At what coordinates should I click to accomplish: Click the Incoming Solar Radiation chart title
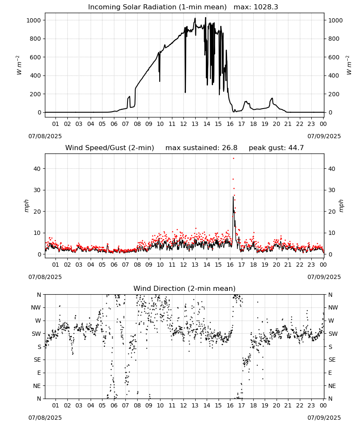pos(157,7)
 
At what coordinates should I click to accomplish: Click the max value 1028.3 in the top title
pos(266,7)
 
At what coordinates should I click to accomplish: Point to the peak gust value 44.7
pos(296,148)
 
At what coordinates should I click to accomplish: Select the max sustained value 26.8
pos(230,148)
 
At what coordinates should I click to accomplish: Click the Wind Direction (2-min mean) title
pos(185,288)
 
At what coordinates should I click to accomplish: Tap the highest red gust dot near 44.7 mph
pos(233,158)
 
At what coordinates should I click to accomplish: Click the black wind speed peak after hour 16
pos(233,197)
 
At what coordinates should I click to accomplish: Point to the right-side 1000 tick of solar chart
pos(335,20)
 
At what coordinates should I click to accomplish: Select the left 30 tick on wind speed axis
pos(38,190)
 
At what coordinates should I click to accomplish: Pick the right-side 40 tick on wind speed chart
pos(332,169)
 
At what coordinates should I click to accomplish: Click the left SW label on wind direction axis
pos(36,334)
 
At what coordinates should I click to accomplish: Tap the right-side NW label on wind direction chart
pos(333,307)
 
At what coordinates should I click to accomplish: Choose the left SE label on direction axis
pos(37,360)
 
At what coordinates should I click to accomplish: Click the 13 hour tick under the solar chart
pos(195,124)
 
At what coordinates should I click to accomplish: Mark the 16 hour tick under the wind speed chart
pos(230,265)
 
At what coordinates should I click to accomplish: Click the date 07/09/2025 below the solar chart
pos(324,136)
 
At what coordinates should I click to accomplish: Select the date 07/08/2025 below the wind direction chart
pos(45,418)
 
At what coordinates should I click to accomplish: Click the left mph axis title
pos(26,206)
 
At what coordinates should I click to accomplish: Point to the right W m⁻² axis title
pos(349,65)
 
